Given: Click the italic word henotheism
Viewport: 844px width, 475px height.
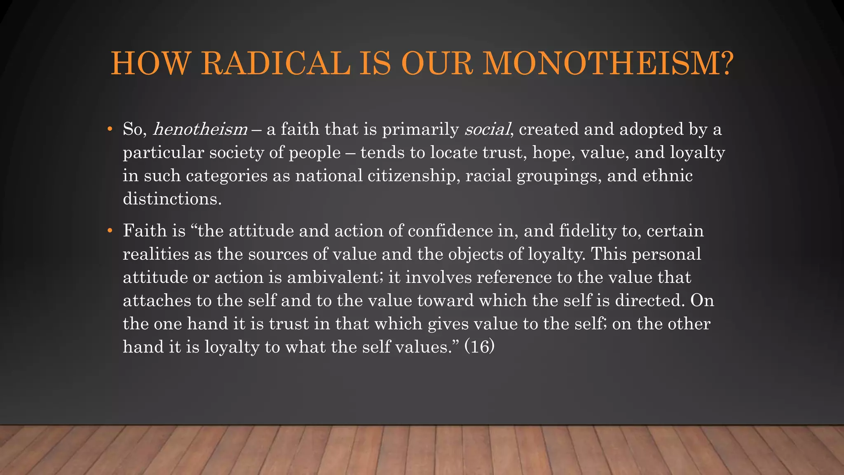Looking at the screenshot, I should [200, 129].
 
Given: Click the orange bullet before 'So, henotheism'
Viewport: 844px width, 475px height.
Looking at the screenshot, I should [110, 129].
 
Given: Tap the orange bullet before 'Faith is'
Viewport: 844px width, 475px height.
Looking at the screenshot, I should [110, 231].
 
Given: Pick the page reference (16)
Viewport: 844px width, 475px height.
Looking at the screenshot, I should [480, 347].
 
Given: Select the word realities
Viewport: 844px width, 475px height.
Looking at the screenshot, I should [156, 254].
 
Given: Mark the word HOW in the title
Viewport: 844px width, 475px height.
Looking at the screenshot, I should [151, 64].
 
